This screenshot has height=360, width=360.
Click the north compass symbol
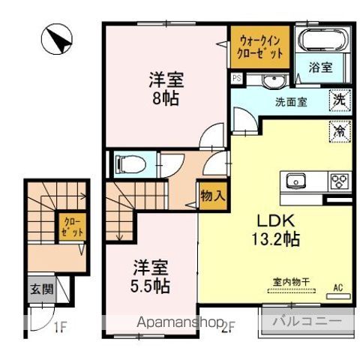[55, 40]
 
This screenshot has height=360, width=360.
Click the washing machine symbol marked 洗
[340, 98]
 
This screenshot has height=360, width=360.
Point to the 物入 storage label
[212, 196]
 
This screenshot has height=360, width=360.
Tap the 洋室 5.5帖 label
[153, 276]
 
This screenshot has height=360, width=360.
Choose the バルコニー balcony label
[307, 322]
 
